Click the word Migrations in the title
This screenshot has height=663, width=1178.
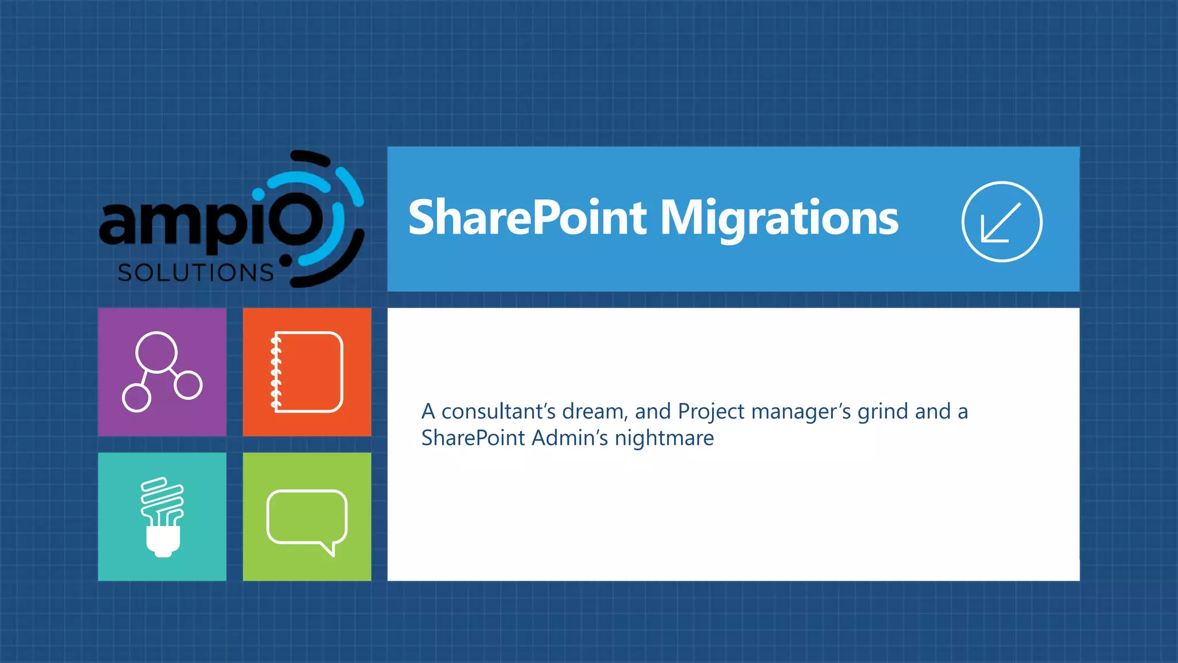(779, 219)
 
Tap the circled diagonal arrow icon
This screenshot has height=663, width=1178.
(1001, 222)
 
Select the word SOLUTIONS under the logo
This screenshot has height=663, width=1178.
(196, 273)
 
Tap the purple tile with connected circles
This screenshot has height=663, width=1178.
(162, 372)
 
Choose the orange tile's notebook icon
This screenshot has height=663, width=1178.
(307, 372)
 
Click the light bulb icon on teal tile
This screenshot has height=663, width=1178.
(162, 516)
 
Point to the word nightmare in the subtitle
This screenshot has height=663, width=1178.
(664, 439)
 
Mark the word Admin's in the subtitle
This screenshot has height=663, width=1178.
(569, 438)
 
